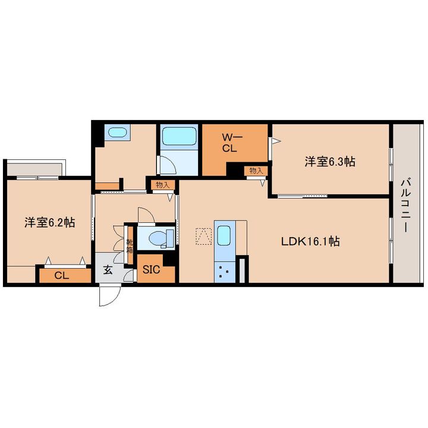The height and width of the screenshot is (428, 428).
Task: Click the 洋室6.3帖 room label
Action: (x=330, y=162)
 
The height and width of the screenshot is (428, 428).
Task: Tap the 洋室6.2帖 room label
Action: (x=50, y=222)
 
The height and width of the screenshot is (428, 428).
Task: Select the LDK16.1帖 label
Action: (x=310, y=241)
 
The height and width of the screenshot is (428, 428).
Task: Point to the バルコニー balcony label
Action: (x=405, y=204)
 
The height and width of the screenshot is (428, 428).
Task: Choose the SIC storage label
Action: (x=151, y=270)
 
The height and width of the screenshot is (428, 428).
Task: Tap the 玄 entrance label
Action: (x=108, y=270)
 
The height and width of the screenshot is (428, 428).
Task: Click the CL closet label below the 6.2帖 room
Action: (x=62, y=275)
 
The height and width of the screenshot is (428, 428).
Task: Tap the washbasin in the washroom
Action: (x=117, y=133)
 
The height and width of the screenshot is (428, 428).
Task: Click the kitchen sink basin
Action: (x=224, y=235)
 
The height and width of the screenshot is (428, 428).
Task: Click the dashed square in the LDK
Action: (x=204, y=237)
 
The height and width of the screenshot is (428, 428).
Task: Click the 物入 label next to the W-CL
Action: (x=256, y=171)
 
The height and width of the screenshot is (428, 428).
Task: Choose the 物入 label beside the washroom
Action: (x=162, y=185)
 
